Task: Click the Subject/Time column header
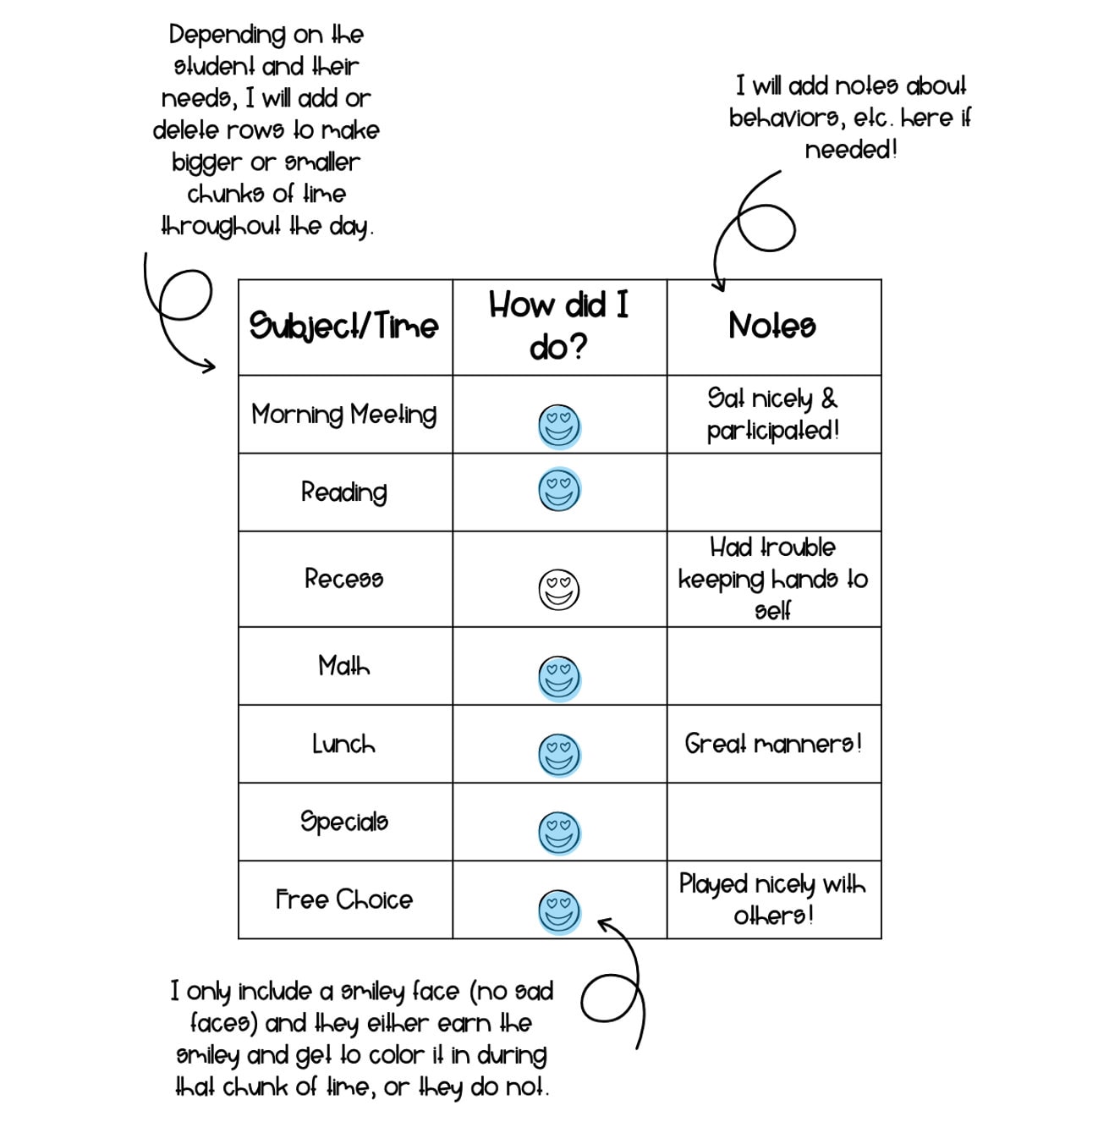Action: point(344,327)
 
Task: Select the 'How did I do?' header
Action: point(559,326)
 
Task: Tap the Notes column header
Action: point(773,326)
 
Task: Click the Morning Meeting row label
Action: point(344,415)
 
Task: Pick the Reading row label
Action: point(344,492)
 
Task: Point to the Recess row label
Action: point(344,579)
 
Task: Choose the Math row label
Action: point(344,666)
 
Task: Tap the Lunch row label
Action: point(344,745)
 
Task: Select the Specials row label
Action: point(344,822)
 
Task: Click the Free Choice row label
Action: point(344,899)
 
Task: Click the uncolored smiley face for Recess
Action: point(559,589)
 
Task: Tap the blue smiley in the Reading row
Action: point(559,490)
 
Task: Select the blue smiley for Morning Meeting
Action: point(559,425)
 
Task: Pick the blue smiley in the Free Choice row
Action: point(559,910)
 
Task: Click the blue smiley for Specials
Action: point(559,832)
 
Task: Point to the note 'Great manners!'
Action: point(773,745)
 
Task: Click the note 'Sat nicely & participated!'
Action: point(773,415)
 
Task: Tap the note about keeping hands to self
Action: point(773,579)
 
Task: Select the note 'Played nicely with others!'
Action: point(773,899)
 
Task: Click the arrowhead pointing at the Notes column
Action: point(720,286)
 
